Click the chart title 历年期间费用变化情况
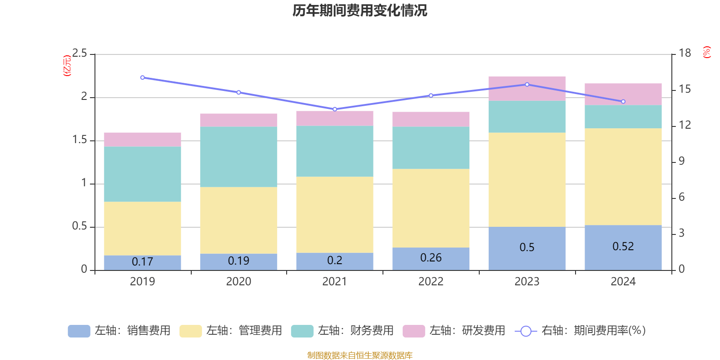[x=360, y=10]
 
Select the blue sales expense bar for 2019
[x=142, y=263]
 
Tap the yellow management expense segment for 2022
[x=431, y=208]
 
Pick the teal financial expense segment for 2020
[x=238, y=157]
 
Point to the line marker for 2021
[x=335, y=109]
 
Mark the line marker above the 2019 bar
[x=143, y=77]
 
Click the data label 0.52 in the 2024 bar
[x=623, y=247]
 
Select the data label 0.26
[x=431, y=258]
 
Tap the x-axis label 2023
[x=527, y=282]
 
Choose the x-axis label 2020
[x=238, y=282]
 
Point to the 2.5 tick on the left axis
[x=80, y=54]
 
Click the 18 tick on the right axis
[x=685, y=53]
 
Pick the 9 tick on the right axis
[x=681, y=161]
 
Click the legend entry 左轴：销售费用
[x=120, y=331]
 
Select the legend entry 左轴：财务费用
[x=343, y=331]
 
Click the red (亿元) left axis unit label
[x=67, y=66]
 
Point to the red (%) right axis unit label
[x=707, y=52]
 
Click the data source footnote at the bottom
[x=360, y=355]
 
